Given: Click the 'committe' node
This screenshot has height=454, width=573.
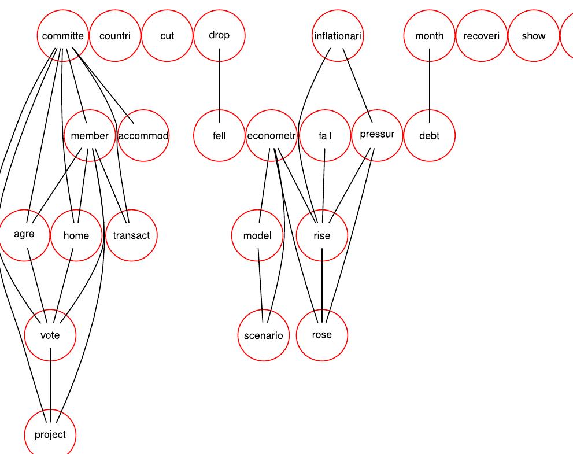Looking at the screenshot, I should click(63, 36).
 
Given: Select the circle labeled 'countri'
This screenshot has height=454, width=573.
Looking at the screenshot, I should click(115, 36).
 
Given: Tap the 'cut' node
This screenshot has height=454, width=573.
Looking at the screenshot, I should click(167, 36).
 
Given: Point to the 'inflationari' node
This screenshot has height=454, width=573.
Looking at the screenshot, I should click(338, 36).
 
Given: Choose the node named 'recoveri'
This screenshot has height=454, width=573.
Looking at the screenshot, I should click(482, 36).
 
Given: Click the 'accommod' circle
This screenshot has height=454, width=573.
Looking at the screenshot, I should click(143, 136).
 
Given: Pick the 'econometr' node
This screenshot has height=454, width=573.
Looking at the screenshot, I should click(271, 136).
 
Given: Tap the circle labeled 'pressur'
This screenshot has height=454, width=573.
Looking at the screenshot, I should click(377, 135).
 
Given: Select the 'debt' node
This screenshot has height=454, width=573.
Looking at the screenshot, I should click(430, 136).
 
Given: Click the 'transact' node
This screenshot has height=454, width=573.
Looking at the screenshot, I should click(131, 235).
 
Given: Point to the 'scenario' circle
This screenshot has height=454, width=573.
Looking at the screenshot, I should click(263, 335).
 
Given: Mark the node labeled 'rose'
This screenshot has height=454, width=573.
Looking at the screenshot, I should click(322, 335).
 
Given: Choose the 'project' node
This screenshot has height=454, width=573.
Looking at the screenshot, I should click(50, 435).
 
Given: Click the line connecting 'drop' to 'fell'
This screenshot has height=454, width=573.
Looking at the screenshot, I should click(219, 86).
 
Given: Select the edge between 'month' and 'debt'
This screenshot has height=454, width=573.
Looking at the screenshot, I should click(430, 86).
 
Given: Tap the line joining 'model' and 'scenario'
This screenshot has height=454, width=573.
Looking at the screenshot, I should click(261, 285).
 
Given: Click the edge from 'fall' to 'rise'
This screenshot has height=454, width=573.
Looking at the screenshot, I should click(323, 185).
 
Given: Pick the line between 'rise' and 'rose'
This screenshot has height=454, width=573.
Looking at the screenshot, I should click(322, 285).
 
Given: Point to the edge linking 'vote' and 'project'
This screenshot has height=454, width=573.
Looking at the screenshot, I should click(50, 385).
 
